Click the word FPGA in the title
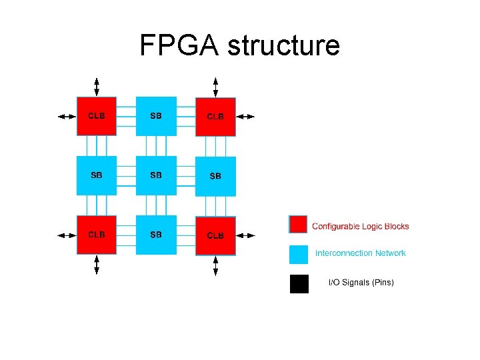click(180, 45)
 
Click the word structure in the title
click(284, 45)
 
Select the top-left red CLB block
click(97, 116)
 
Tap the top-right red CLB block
click(215, 117)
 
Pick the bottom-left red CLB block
click(97, 235)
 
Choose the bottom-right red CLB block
click(215, 235)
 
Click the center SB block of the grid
click(156, 175)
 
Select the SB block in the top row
click(156, 116)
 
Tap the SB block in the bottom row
click(156, 235)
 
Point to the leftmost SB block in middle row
click(97, 175)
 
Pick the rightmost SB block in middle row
click(215, 176)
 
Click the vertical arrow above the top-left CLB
click(97, 87)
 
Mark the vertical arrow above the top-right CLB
click(215, 87)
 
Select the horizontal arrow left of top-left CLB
click(67, 116)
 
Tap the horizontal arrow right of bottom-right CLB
click(245, 235)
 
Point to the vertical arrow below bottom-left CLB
click(97, 265)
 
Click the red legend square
click(299, 225)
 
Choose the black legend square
click(299, 284)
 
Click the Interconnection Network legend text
click(360, 253)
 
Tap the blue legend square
click(299, 254)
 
